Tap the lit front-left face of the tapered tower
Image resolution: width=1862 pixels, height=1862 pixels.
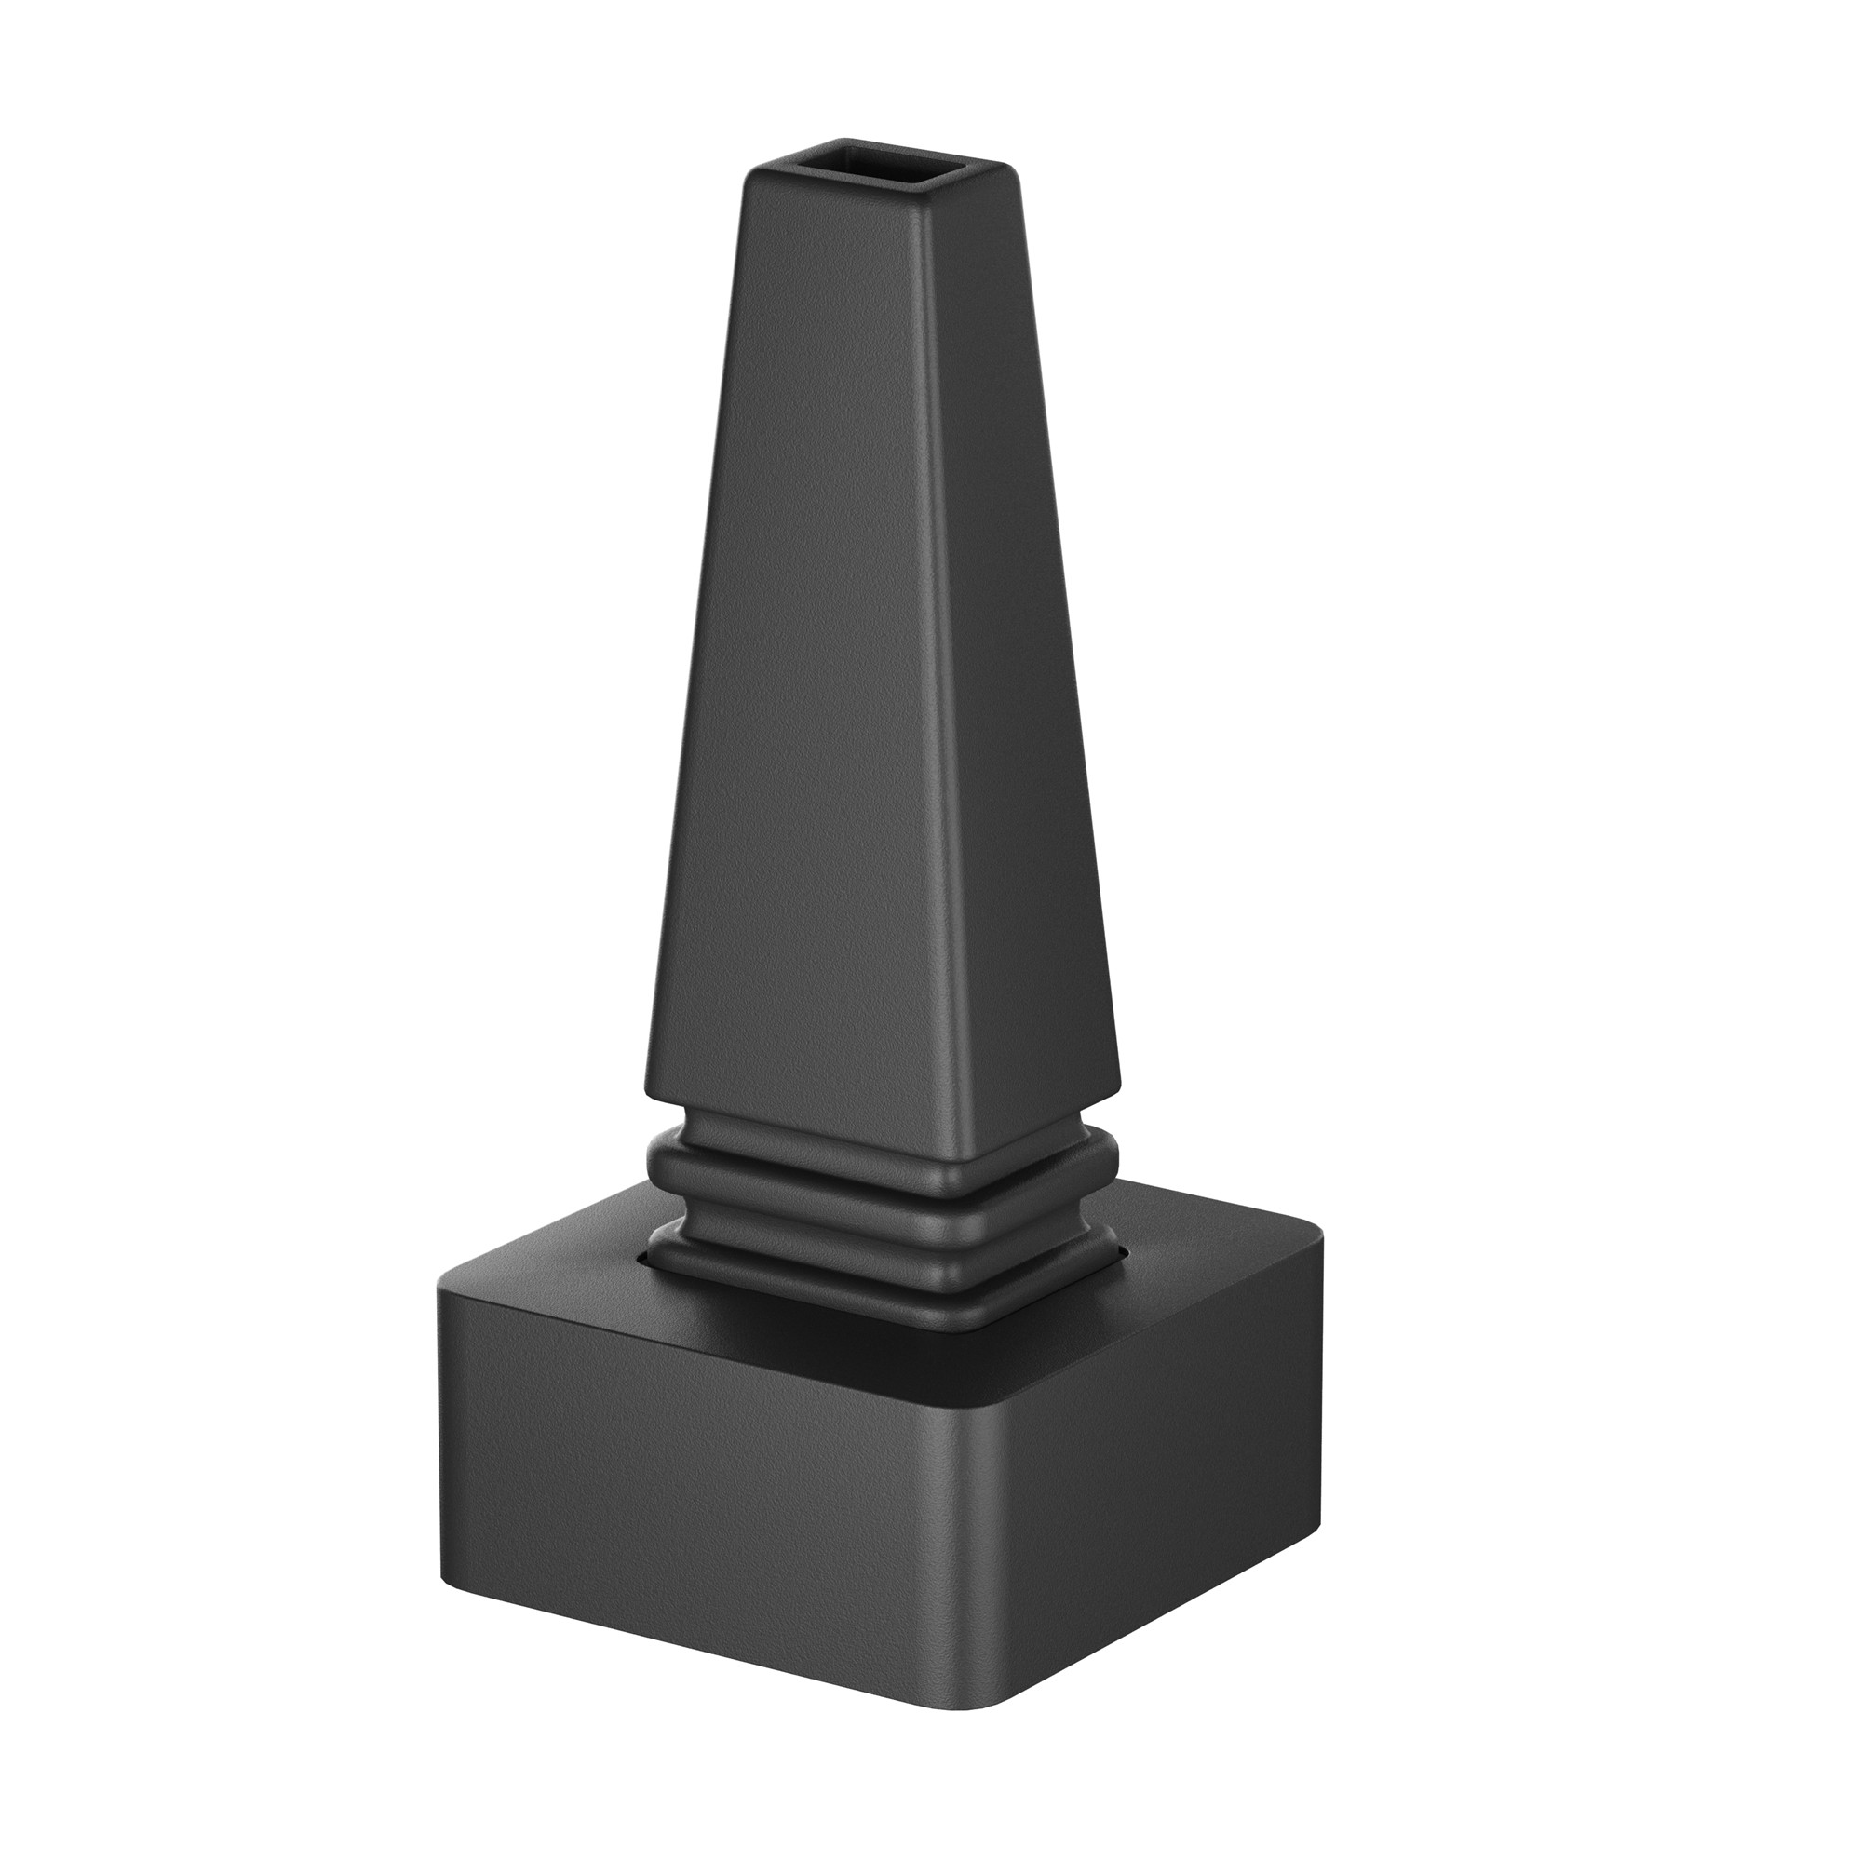point(819,675)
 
